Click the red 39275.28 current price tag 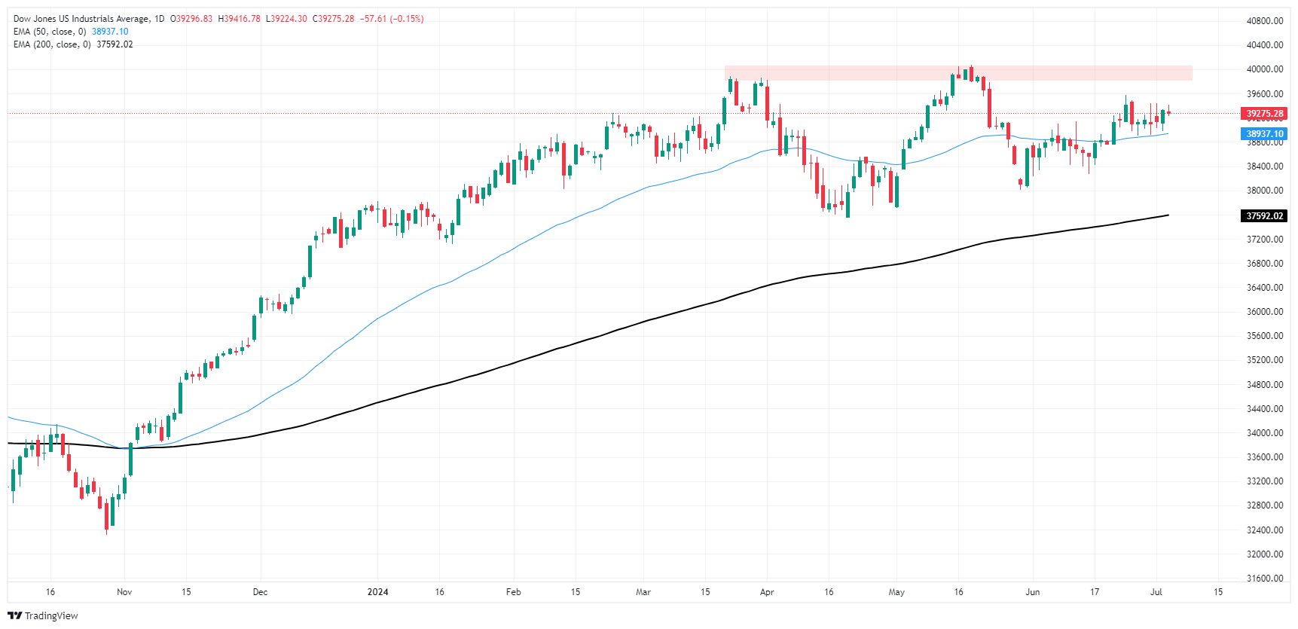[1264, 114]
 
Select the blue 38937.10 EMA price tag [1264, 134]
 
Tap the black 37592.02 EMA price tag [1264, 216]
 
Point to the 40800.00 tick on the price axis [1264, 21]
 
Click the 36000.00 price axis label [1264, 312]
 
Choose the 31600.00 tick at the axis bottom [1264, 579]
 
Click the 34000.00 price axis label [1264, 433]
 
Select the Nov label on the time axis [124, 592]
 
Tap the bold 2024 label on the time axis [377, 592]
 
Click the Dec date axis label [260, 592]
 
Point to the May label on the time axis [896, 592]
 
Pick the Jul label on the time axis [1156, 592]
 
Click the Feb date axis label [513, 592]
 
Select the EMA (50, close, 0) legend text [50, 32]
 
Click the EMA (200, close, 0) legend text [52, 44]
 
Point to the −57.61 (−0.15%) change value [392, 19]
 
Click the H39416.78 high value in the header [240, 19]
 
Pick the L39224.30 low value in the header [286, 19]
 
